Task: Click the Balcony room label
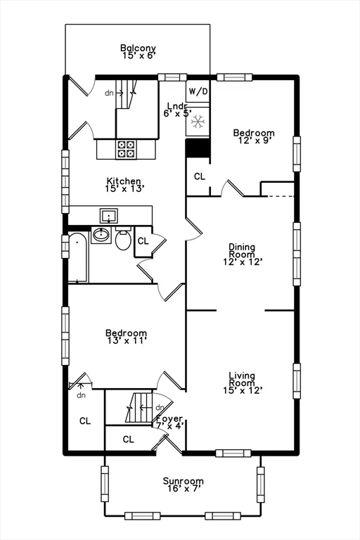click(138, 51)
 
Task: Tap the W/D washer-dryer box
click(198, 91)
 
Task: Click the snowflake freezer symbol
click(198, 122)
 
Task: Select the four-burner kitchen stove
click(126, 149)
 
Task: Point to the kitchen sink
click(109, 216)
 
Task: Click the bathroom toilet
click(123, 238)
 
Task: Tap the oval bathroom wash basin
click(101, 235)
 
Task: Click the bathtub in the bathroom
click(79, 257)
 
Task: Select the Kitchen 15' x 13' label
click(124, 185)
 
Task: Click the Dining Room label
click(243, 255)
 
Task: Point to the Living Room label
click(243, 382)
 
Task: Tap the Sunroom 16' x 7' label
click(184, 484)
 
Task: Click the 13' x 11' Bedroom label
click(126, 337)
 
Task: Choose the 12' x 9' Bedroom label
click(254, 136)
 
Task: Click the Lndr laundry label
click(177, 110)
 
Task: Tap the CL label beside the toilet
click(143, 241)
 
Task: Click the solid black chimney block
click(198, 148)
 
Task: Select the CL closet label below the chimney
click(200, 176)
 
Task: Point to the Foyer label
click(169, 419)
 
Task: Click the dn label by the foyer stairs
click(160, 408)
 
